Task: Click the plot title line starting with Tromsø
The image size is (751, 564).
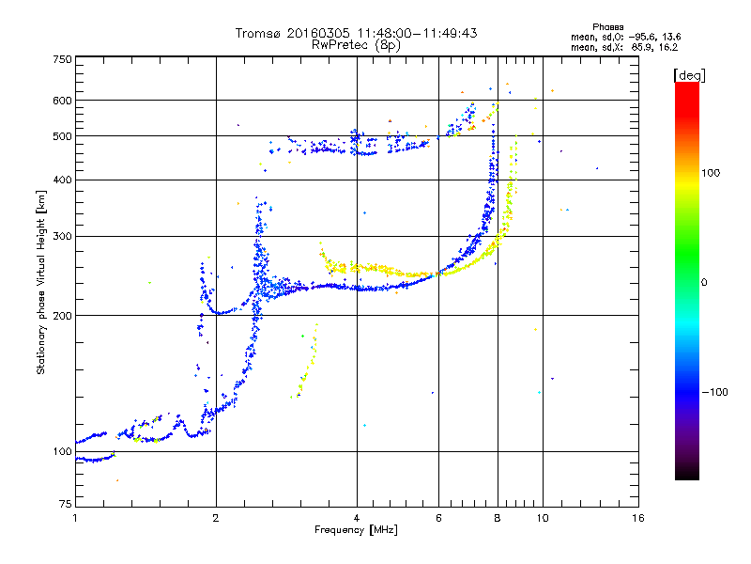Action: tap(356, 33)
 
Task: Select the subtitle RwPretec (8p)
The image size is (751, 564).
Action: tap(356, 44)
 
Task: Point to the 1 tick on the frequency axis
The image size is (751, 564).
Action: tap(75, 518)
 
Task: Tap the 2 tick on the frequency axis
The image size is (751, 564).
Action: tap(216, 518)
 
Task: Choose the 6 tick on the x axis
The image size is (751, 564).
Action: tap(438, 518)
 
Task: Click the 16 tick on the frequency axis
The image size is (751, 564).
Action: tap(637, 518)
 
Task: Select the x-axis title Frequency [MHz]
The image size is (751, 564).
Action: tap(356, 531)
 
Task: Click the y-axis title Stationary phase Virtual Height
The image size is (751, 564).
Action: tap(41, 282)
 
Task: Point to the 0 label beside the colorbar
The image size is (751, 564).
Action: tap(704, 282)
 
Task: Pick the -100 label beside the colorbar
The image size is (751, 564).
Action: tap(713, 392)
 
